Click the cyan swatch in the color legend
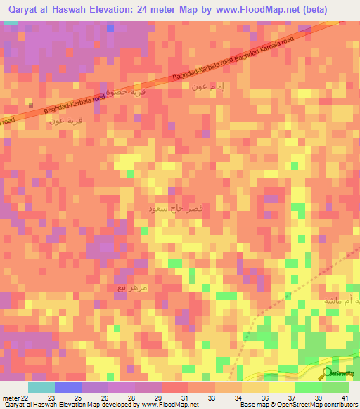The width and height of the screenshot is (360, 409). (x=41, y=387)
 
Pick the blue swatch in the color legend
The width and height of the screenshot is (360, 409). (x=68, y=387)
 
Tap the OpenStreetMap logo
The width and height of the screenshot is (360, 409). (x=338, y=374)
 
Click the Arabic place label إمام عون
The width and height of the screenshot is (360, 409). (x=208, y=87)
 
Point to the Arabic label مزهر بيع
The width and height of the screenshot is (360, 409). (x=131, y=287)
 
